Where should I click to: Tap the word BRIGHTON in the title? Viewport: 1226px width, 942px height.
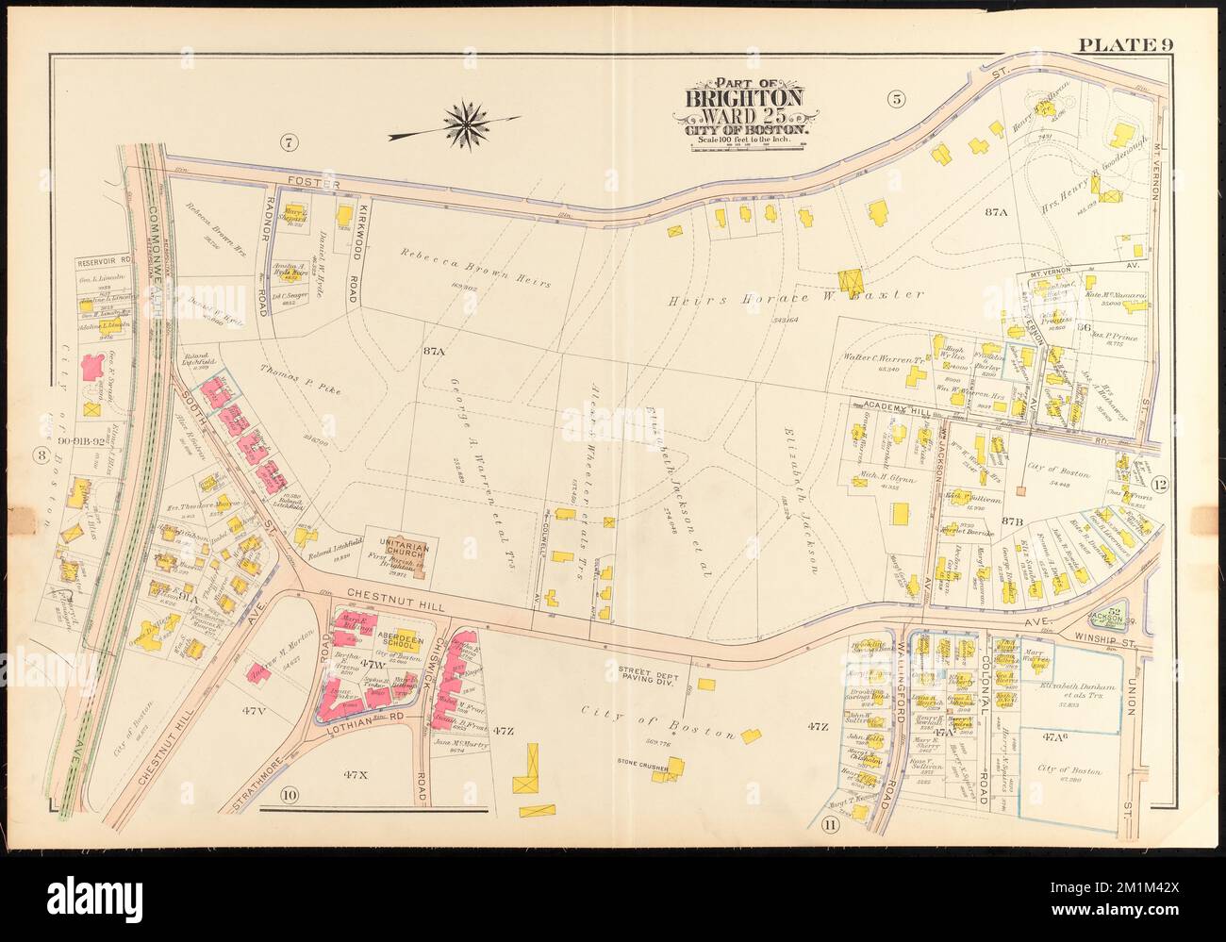click(x=744, y=99)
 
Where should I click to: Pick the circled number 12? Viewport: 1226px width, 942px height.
click(x=1160, y=486)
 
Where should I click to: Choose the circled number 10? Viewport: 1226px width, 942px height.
click(x=288, y=795)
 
